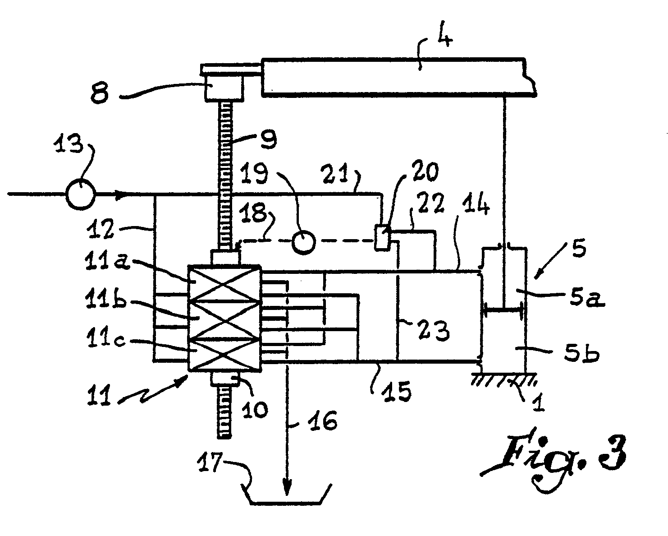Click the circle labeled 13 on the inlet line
(80, 194)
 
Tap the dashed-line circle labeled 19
(304, 242)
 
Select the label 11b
(105, 300)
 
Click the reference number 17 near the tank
(210, 462)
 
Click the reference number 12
(100, 229)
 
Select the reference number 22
(430, 202)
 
